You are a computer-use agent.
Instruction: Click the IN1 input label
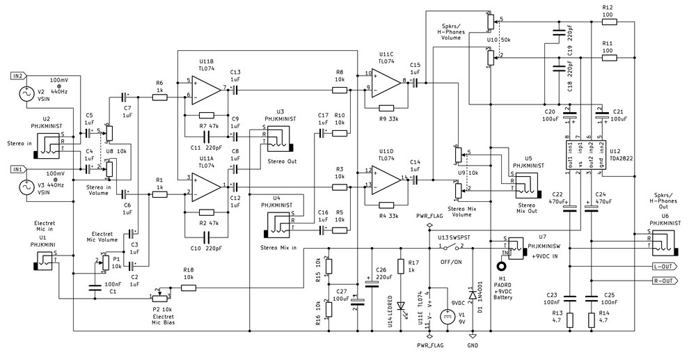(x=17, y=169)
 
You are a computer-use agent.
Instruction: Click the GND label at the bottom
(x=473, y=345)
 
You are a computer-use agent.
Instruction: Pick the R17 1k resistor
(x=402, y=266)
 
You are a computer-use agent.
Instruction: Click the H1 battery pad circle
(x=500, y=265)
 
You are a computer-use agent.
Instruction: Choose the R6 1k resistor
(x=159, y=97)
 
